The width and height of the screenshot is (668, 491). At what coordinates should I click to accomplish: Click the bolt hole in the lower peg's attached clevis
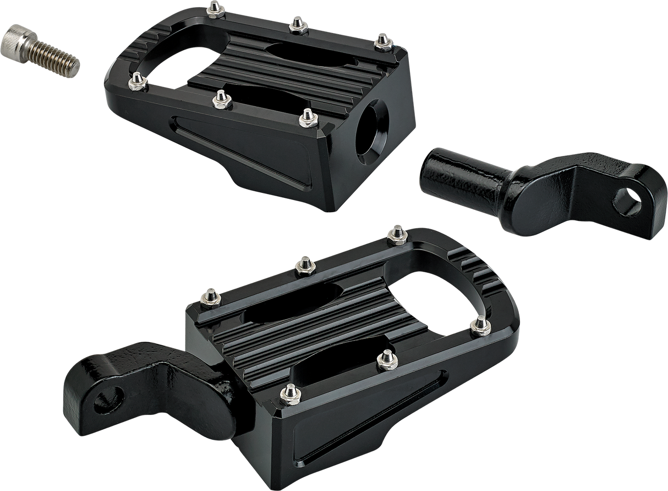[x=106, y=401]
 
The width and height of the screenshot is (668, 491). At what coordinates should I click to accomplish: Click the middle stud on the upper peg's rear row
[x=297, y=24]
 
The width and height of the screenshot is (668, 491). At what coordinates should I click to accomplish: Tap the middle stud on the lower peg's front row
[x=385, y=361]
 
